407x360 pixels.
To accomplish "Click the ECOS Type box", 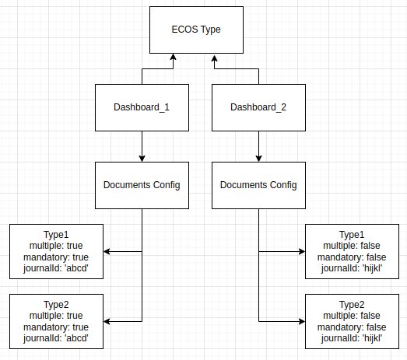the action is coord(196,30).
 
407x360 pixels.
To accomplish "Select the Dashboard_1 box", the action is coord(142,107).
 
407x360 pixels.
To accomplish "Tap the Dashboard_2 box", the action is coord(258,107).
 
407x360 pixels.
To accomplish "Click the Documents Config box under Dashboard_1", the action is coord(142,186).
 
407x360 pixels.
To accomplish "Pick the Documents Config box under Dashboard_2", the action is coord(258,186).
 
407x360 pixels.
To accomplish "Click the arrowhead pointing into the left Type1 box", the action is coord(107,251).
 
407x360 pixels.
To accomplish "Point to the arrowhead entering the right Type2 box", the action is coord(302,321).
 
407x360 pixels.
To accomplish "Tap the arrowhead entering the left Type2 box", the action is coord(107,321).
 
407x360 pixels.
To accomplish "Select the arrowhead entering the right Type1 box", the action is coord(302,251).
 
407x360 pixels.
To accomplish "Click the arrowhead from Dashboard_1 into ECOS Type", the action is coord(173,57).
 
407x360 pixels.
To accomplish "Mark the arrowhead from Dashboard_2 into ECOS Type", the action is coord(215,58).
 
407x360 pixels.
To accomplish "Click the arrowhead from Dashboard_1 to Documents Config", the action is coord(142,158).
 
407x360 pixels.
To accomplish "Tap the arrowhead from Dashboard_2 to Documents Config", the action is coord(258,158).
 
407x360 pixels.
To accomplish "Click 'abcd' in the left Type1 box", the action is coord(76,268).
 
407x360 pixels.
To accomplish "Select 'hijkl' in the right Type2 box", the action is coord(373,338).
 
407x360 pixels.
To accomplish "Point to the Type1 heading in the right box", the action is coord(352,235).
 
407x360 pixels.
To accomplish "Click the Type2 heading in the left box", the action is coord(56,305).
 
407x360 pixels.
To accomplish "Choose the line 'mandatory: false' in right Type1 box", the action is coord(352,257).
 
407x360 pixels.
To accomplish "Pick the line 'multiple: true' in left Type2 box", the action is coord(56,316).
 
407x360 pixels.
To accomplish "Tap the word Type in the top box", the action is coord(211,30).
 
